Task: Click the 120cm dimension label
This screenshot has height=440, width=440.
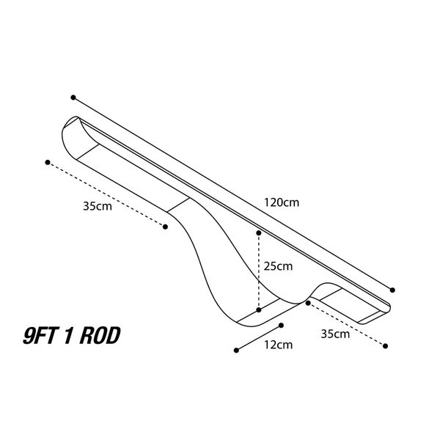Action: coord(282,202)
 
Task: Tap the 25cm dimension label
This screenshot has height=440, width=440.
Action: coord(278,266)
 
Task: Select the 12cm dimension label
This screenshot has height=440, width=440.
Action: coord(278,345)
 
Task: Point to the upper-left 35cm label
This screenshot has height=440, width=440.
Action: coord(98,206)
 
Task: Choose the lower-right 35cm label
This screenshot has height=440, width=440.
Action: coord(335,334)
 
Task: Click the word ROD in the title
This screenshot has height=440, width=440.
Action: coord(100,335)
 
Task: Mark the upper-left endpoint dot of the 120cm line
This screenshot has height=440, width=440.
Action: coord(73,98)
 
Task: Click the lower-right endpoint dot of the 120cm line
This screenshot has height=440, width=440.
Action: coord(392,290)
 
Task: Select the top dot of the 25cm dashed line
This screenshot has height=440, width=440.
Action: coord(259,233)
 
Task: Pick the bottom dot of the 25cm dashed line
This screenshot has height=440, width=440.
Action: coord(259,309)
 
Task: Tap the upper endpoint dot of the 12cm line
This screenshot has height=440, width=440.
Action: coord(281,325)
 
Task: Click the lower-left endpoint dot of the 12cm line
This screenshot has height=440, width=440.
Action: coord(236,350)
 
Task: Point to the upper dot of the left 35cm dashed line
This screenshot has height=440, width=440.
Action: coord(48,162)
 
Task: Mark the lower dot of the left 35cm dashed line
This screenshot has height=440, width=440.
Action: coord(165,227)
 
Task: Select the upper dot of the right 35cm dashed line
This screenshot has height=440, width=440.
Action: coord(308,303)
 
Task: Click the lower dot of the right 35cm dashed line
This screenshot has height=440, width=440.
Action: coord(385,346)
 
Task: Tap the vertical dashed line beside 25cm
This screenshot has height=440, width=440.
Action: coord(259,271)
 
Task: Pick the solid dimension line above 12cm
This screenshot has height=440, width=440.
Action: coord(259,337)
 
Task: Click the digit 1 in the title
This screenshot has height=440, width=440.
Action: coord(68,335)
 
